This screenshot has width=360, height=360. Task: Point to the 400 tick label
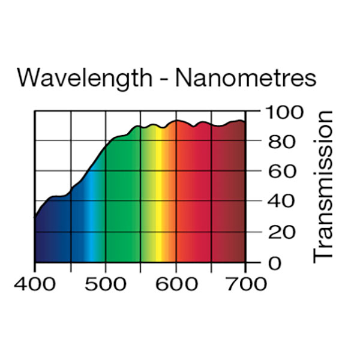(34, 283)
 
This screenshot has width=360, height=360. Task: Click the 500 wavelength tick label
(106, 283)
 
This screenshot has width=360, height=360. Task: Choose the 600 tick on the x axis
(176, 283)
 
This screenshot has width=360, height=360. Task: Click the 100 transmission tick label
(281, 112)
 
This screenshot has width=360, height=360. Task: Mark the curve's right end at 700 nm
(245, 122)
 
